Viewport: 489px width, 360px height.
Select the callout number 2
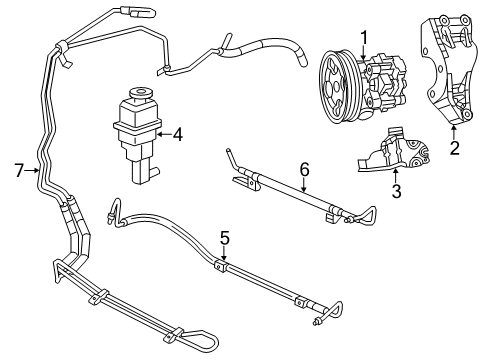pyautogui.click(x=455, y=150)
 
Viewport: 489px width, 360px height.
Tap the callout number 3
pyautogui.click(x=395, y=189)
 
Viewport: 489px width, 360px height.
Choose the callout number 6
pyautogui.click(x=304, y=171)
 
